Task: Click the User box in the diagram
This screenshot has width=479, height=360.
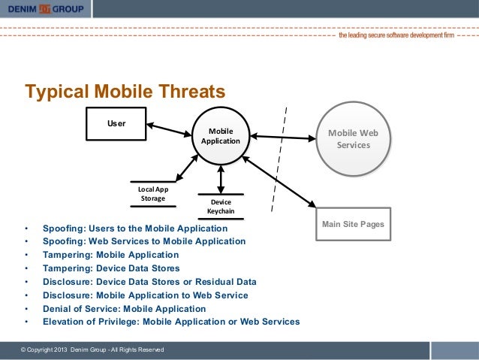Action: pos(116,123)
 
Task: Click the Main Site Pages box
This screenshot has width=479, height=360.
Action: pos(353,225)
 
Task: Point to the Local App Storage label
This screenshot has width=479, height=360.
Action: pos(153,194)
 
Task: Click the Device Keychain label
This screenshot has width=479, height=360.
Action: pos(221,207)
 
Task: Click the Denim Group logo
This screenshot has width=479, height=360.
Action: pos(46,9)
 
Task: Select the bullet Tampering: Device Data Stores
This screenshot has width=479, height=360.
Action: pos(111,268)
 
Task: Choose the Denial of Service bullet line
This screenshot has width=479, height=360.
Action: pos(124,309)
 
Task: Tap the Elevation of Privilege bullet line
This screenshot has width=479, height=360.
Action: pos(171,322)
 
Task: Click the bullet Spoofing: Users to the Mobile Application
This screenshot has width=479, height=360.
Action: pos(135,228)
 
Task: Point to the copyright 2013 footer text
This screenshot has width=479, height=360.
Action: pos(89,351)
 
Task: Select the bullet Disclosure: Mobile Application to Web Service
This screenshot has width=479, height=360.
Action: pos(146,295)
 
